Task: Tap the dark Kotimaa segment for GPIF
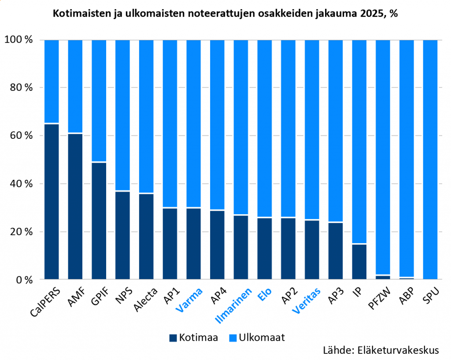[99, 221]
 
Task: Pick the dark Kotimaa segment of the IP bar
[359, 262]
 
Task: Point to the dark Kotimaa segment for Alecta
[146, 236]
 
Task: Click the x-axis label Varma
[190, 301]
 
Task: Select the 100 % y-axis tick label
[18, 40]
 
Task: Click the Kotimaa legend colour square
[173, 338]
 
